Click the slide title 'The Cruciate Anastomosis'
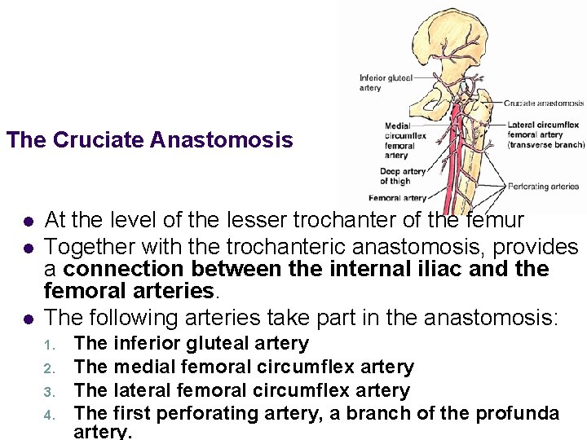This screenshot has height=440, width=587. [149, 140]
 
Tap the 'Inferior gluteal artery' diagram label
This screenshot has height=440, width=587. [386, 82]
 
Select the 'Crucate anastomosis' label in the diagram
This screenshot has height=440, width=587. [543, 103]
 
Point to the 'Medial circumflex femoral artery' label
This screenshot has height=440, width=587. [400, 140]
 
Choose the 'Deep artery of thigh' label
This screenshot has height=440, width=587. [403, 176]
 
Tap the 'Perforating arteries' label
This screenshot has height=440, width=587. [543, 187]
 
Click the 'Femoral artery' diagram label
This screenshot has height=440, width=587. [397, 198]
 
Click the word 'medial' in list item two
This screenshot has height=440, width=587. [142, 367]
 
